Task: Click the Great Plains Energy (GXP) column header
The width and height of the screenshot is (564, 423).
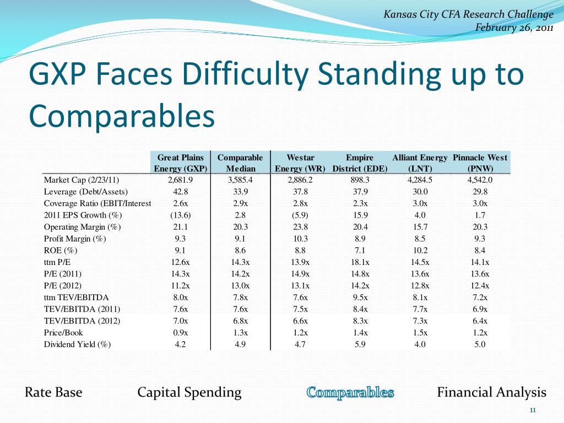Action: [x=181, y=163]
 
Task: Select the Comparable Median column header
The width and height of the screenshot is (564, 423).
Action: [x=240, y=163]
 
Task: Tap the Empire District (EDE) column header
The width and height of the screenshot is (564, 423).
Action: [x=360, y=163]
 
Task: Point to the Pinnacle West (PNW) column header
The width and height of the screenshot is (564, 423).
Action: [x=480, y=163]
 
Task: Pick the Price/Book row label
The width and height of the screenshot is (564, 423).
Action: [x=63, y=333]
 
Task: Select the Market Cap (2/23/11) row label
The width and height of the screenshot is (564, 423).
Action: [x=82, y=180]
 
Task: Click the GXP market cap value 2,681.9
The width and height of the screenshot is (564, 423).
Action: [x=180, y=180]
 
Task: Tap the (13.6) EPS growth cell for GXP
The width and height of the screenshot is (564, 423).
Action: [x=180, y=215]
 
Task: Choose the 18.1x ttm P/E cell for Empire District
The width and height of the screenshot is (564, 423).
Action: [x=360, y=262]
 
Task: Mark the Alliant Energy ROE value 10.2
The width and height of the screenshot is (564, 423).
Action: [x=420, y=250]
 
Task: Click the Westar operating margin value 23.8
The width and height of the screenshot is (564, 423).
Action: [x=300, y=227]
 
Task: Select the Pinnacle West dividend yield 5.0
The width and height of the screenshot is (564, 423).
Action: [x=480, y=345]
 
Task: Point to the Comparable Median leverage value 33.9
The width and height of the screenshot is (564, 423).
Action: [x=240, y=192]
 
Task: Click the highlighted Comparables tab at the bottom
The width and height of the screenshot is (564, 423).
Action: [x=350, y=393]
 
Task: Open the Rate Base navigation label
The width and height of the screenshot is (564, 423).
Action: [x=53, y=393]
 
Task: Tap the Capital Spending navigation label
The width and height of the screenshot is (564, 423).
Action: [x=189, y=393]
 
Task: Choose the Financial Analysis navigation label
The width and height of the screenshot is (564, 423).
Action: [x=491, y=393]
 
